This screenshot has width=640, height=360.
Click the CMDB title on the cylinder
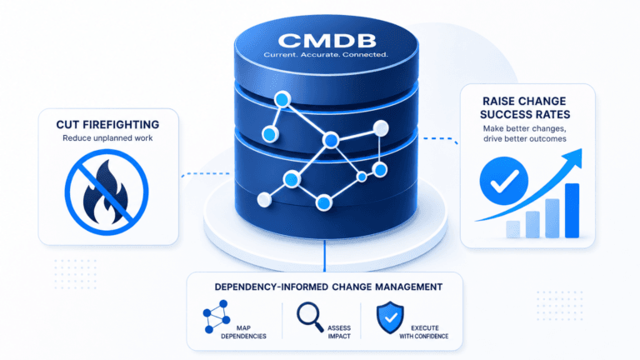pyautogui.click(x=327, y=41)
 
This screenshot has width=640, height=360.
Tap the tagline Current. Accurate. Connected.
pyautogui.click(x=326, y=55)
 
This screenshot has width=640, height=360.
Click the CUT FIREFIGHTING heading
pyautogui.click(x=107, y=124)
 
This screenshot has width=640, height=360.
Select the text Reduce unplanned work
pyautogui.click(x=107, y=138)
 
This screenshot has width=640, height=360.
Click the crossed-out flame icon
pyautogui.click(x=107, y=192)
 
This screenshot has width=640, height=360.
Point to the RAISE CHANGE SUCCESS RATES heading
pyautogui.click(x=525, y=107)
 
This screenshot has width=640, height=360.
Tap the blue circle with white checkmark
pyautogui.click(x=503, y=181)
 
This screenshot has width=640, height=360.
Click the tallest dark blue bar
pyautogui.click(x=572, y=211)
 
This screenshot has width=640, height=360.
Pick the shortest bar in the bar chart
pyautogui.click(x=513, y=229)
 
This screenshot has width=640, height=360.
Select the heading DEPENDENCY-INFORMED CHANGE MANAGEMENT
pyautogui.click(x=328, y=287)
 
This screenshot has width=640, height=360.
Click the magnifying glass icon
pyautogui.click(x=310, y=317)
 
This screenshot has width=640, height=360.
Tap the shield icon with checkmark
pyautogui.click(x=390, y=317)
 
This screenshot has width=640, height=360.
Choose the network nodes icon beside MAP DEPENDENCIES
pyautogui.click(x=217, y=317)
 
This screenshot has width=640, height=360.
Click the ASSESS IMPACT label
pyautogui.click(x=339, y=332)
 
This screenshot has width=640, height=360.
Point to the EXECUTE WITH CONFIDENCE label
pyautogui.click(x=423, y=332)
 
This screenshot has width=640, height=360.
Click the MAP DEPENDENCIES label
pyautogui.click(x=243, y=332)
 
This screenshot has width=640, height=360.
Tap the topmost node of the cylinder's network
pyautogui.click(x=282, y=99)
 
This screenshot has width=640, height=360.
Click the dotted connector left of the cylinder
pyautogui.click(x=205, y=174)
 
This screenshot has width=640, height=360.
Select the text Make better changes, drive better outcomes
pyautogui.click(x=525, y=133)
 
